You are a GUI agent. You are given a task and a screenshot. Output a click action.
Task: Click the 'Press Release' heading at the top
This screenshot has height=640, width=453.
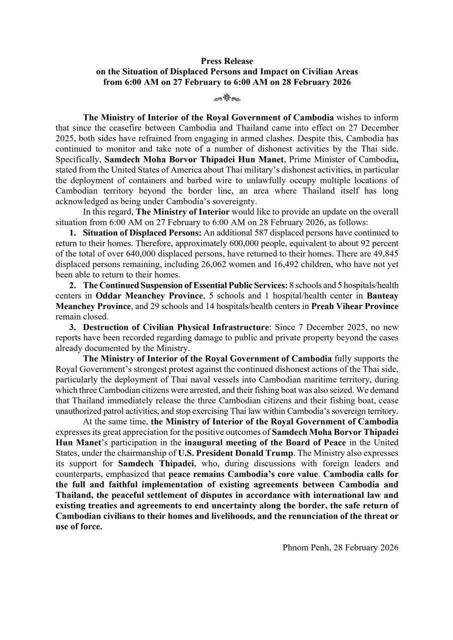(227, 61)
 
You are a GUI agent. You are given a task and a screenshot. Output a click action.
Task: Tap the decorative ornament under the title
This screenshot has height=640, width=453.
(226, 97)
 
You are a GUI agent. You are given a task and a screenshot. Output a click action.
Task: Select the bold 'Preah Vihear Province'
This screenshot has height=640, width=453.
(355, 306)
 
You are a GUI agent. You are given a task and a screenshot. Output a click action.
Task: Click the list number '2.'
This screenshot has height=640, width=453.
(73, 285)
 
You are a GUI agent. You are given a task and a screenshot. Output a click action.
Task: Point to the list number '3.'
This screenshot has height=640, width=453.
(73, 327)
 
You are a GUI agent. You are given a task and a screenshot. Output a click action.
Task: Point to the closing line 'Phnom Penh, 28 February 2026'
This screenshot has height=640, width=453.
(340, 547)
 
